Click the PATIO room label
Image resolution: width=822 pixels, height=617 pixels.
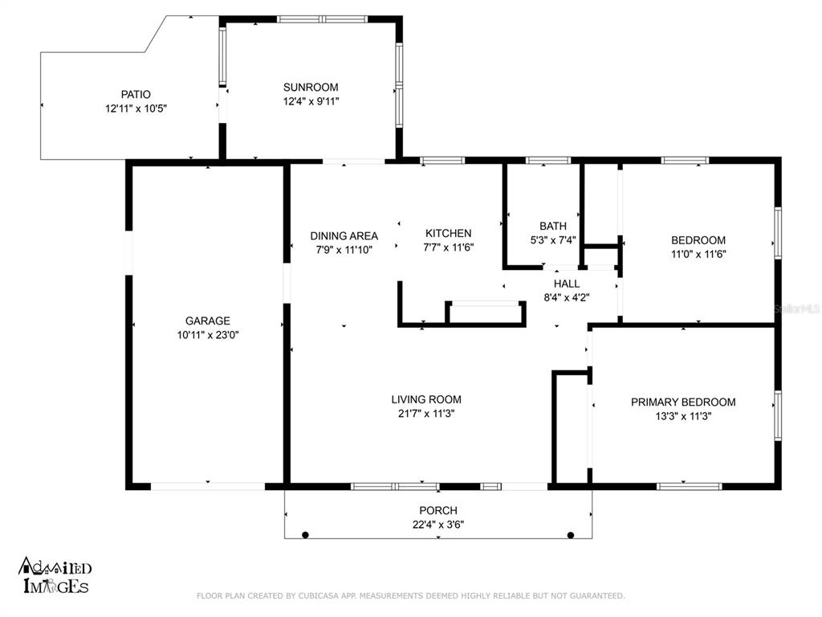click(136, 95)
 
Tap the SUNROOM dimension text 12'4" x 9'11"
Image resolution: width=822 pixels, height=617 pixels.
click(311, 101)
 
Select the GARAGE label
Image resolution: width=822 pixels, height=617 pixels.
click(208, 321)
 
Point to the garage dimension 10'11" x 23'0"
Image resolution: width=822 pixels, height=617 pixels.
click(208, 335)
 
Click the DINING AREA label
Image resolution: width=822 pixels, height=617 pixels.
click(344, 236)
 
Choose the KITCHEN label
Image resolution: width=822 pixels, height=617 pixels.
click(448, 233)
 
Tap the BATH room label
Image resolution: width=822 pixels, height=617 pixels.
click(553, 226)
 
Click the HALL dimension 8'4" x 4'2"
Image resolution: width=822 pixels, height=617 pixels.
click(567, 297)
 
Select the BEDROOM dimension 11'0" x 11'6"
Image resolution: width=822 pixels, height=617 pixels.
click(698, 254)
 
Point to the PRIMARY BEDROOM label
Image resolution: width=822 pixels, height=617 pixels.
click(683, 402)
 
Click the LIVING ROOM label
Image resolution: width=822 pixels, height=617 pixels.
click(426, 399)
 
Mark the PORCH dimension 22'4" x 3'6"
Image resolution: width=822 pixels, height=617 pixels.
click(438, 524)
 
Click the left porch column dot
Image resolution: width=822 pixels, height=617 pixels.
click(306, 535)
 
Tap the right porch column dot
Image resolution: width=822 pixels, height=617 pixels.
click(571, 535)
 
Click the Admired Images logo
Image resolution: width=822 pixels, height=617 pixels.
click(55, 575)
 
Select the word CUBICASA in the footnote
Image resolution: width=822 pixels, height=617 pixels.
click(320, 595)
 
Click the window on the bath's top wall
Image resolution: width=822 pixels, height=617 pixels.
click(547, 160)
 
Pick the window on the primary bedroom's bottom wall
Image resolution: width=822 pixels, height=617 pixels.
click(689, 486)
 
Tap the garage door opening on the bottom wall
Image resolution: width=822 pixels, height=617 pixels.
click(208, 486)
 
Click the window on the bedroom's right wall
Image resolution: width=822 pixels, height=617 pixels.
click(778, 233)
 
